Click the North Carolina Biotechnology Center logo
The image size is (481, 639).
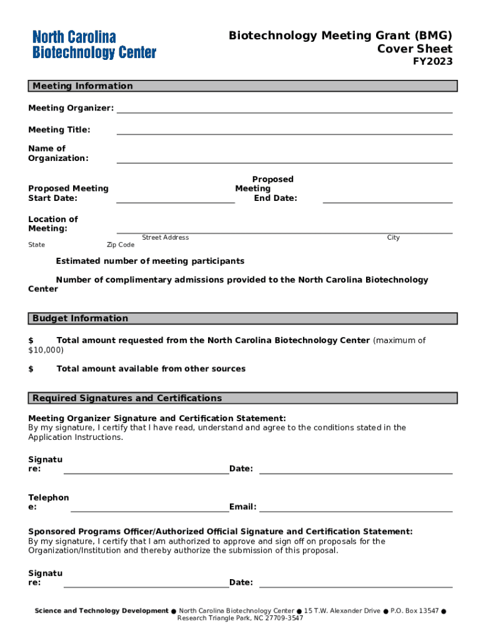(94, 45)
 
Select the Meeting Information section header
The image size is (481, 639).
(82, 86)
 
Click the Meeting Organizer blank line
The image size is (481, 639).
(284, 112)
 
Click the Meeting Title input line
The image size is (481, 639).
(284, 133)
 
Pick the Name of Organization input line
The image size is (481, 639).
(284, 162)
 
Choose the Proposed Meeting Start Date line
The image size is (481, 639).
(176, 202)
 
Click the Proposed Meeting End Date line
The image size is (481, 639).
(387, 202)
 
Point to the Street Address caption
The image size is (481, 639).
(166, 238)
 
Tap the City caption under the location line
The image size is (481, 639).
(393, 238)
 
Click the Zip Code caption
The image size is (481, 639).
(121, 245)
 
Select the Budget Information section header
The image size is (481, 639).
(80, 318)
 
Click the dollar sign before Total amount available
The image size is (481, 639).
(31, 369)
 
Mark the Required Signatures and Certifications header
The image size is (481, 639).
(127, 398)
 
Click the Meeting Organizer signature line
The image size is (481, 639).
(146, 473)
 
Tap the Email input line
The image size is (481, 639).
(355, 510)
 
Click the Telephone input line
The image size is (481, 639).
(149, 510)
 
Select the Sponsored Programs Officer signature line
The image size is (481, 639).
(146, 587)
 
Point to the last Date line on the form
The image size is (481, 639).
(355, 587)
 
